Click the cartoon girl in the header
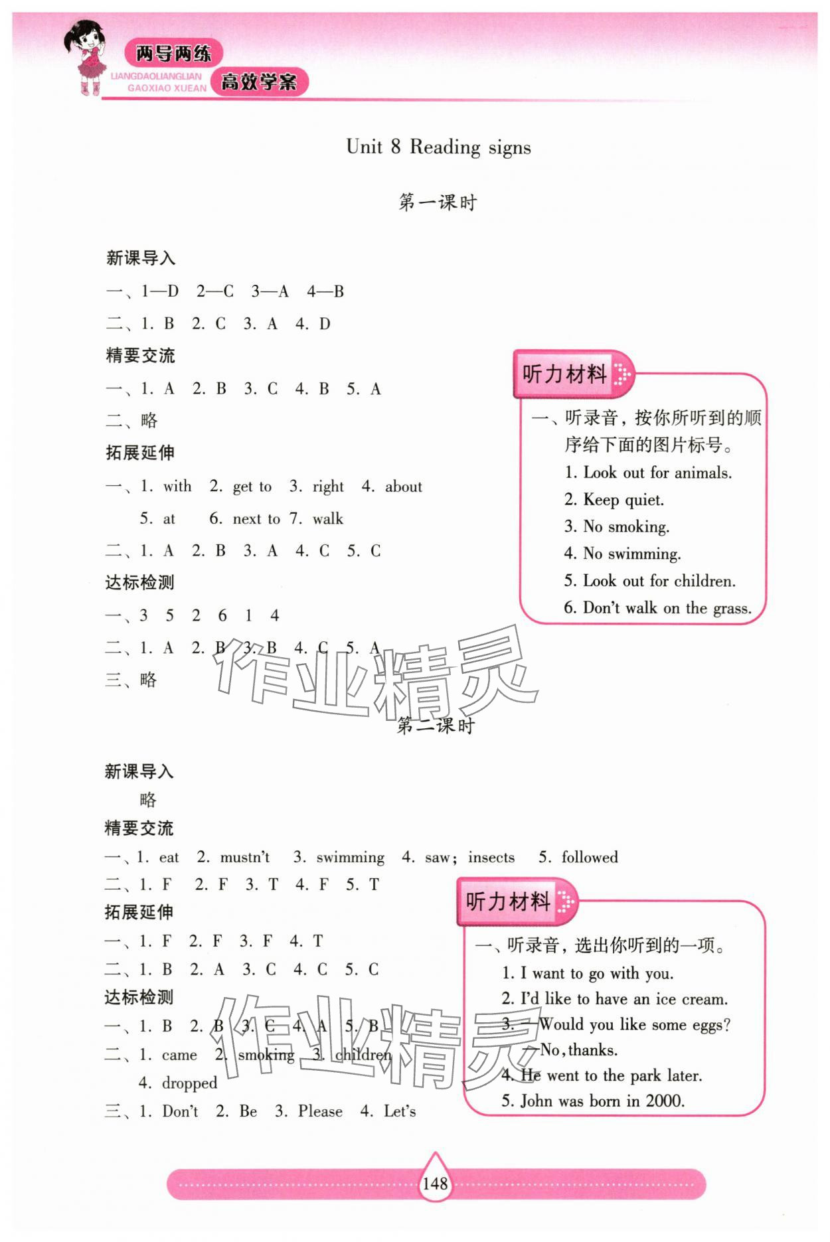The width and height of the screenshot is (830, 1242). pyautogui.click(x=88, y=58)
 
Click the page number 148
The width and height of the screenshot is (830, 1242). pyautogui.click(x=435, y=1183)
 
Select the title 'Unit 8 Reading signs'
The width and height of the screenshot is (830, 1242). pyautogui.click(x=438, y=147)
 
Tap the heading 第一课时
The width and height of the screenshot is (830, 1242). pyautogui.click(x=438, y=202)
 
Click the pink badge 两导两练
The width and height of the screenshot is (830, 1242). pyautogui.click(x=173, y=53)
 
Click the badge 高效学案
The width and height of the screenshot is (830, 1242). pyautogui.click(x=259, y=82)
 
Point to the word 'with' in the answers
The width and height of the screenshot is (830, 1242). pyautogui.click(x=177, y=487)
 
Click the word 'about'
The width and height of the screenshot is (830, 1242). pyautogui.click(x=403, y=487)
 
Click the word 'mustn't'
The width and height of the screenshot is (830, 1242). pyautogui.click(x=245, y=858)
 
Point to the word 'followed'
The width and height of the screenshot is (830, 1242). pyautogui.click(x=590, y=858)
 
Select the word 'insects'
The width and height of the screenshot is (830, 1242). pyautogui.click(x=491, y=858)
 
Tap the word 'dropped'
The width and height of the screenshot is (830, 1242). pyautogui.click(x=189, y=1083)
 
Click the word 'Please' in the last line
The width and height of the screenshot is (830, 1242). pyautogui.click(x=320, y=1112)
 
